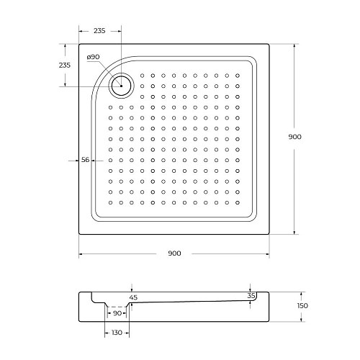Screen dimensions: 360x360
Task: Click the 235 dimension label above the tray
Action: click(99, 31)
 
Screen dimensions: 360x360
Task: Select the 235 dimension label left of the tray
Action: click(64, 66)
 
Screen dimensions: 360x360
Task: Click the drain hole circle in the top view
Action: click(121, 86)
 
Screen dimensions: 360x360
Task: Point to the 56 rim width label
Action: click(86, 161)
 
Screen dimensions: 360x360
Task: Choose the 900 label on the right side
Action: click(294, 137)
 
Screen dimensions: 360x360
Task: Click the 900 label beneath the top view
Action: click(174, 253)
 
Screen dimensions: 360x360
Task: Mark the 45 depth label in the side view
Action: click(132, 297)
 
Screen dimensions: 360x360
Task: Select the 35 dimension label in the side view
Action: click(251, 296)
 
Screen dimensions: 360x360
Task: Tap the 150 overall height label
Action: click(302, 306)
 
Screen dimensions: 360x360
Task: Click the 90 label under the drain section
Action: click(118, 314)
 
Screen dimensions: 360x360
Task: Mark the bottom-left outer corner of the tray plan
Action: click(78, 234)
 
